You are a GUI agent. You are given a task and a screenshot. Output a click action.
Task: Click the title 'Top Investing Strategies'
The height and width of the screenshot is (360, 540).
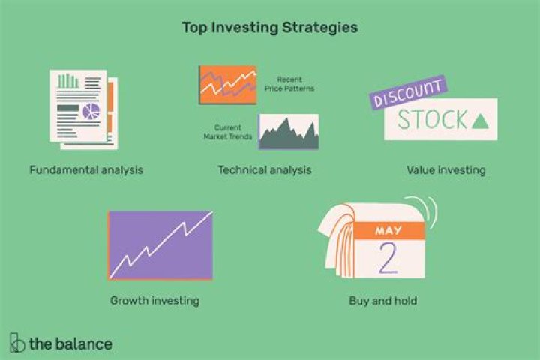point(270,28)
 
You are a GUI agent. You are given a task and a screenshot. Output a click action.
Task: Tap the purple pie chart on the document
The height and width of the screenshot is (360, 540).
point(91,112)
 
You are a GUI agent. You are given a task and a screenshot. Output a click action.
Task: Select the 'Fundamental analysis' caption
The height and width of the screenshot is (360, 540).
point(86,170)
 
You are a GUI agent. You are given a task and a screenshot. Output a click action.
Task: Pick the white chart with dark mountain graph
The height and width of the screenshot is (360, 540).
point(289,132)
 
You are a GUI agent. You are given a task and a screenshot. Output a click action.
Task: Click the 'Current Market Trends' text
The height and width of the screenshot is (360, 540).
point(228,132)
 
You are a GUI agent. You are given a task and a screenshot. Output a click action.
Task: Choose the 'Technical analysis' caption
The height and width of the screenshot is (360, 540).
point(264,170)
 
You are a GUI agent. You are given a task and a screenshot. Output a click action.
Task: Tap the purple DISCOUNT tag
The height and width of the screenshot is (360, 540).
point(408,91)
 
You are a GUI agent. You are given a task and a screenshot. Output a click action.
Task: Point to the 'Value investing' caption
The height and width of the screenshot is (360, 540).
point(445,170)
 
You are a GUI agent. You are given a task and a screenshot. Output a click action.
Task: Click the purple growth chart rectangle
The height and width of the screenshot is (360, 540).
point(160,245)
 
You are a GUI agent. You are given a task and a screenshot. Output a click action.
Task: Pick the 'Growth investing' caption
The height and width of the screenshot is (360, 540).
point(154,301)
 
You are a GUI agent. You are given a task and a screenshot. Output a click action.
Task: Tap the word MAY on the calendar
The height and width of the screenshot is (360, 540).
point(388,229)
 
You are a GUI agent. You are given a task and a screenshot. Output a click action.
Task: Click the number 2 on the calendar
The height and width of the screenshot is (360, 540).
point(388,259)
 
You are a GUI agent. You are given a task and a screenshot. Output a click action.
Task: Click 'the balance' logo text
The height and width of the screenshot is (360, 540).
point(70,344)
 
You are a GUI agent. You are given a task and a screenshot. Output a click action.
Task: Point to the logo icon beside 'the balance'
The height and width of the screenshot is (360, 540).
point(16,343)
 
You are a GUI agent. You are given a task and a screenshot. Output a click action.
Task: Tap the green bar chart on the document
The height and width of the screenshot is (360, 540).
point(68,80)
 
